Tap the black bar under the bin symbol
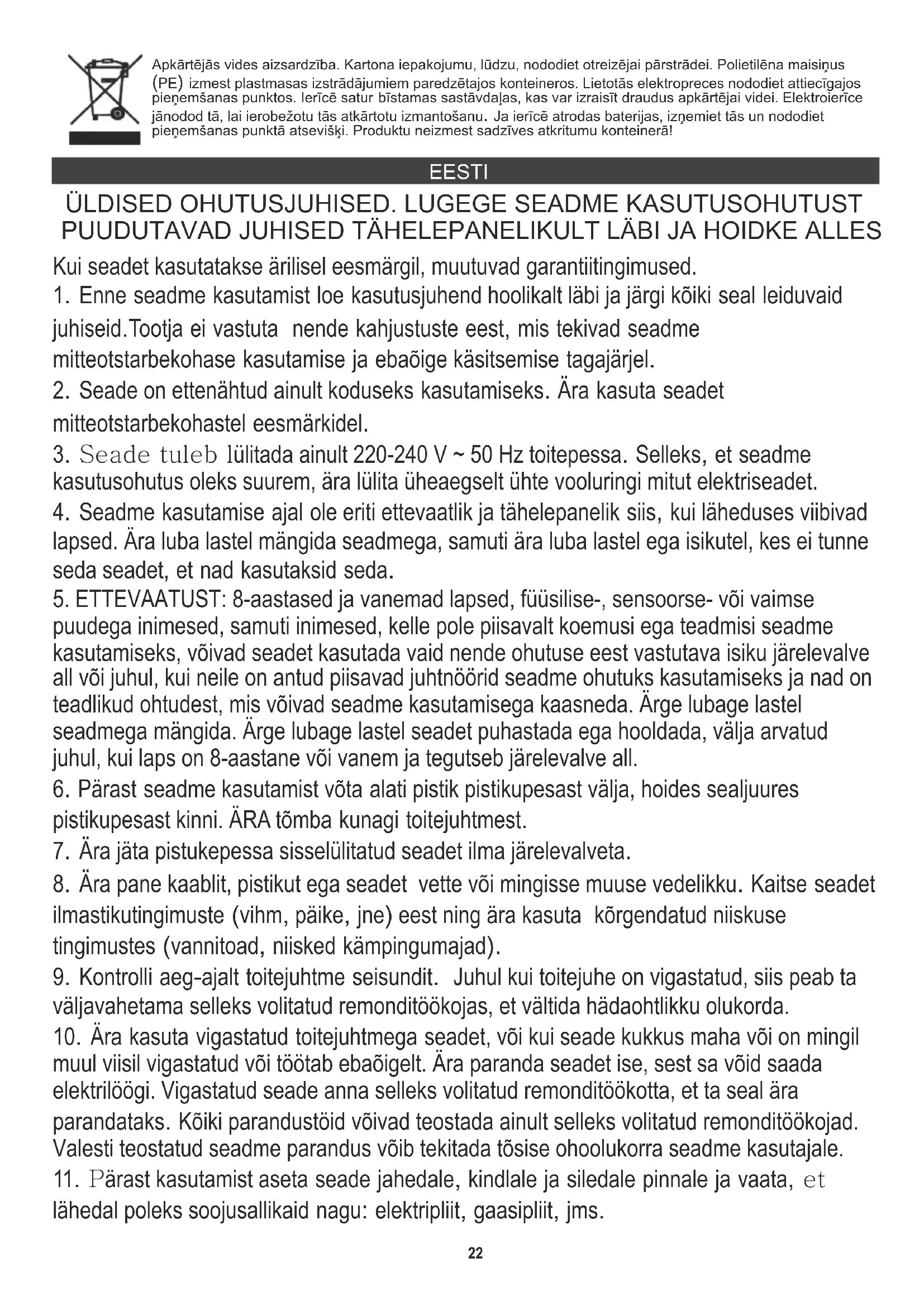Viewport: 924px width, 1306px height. [x=104, y=138]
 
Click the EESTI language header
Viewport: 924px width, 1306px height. [x=459, y=172]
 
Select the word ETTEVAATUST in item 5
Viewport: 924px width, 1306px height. [x=151, y=600]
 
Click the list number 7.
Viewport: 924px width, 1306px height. [x=60, y=852]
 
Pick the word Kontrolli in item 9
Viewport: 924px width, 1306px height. [x=116, y=978]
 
